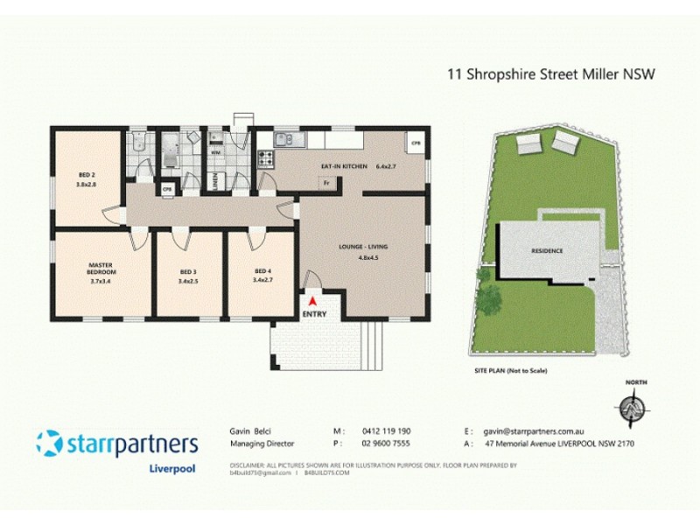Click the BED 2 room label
tap(85, 175)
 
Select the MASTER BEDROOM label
tap(101, 268)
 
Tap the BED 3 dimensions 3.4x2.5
tap(188, 282)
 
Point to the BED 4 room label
tap(262, 270)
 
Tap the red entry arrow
tap(312, 301)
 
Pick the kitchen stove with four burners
tap(263, 158)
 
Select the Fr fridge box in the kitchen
tap(325, 183)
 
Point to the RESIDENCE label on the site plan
tap(547, 251)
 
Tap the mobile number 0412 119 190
tap(387, 431)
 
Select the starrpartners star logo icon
tap(49, 442)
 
